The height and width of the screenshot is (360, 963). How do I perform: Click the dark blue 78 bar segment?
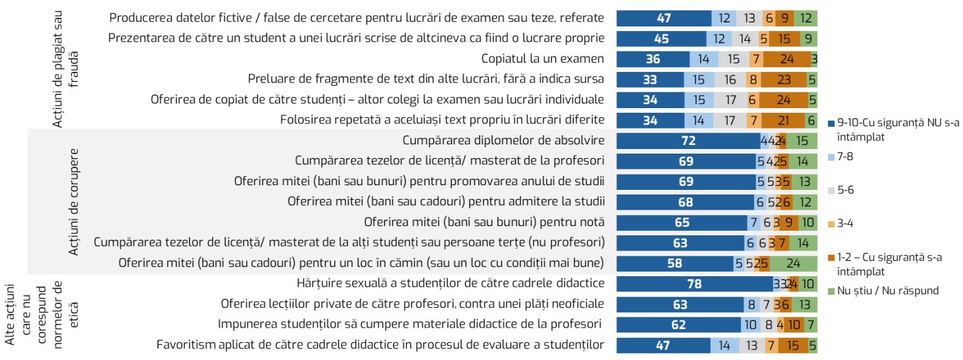(695, 284)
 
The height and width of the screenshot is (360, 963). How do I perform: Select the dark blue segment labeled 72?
(688, 140)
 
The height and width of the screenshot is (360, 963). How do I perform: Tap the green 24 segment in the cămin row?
(794, 264)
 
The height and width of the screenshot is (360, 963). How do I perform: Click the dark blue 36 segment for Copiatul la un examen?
(653, 59)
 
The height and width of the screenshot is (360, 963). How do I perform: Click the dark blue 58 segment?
(675, 264)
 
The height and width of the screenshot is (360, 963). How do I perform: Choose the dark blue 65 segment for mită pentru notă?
(682, 223)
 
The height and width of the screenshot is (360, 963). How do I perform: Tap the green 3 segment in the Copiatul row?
(815, 59)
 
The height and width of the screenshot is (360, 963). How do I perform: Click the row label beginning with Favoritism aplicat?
(380, 344)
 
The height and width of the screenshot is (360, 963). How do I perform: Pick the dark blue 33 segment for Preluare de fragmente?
(649, 79)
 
